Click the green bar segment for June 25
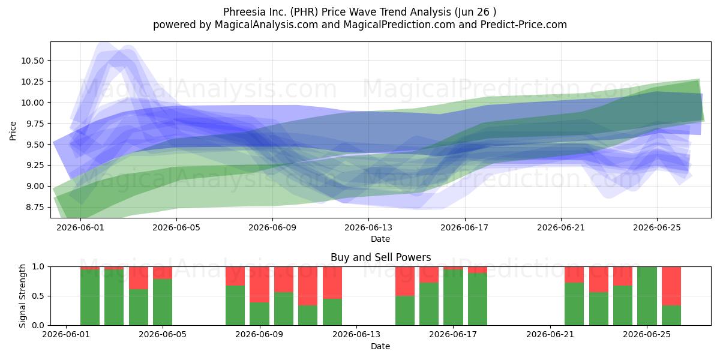coord(647,296)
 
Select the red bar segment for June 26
coord(671,286)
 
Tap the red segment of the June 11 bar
coord(308,286)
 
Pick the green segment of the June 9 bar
coord(259,314)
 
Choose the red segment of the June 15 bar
coord(405,281)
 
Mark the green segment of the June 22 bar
coord(574,304)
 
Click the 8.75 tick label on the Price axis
coord(35,208)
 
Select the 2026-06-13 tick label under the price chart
coord(368,227)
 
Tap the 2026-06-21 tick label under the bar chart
coord(550,335)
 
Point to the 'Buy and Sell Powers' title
coord(380,257)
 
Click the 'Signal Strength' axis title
coord(22,296)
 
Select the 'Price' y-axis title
coord(13,131)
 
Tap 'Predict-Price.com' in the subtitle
coord(524,25)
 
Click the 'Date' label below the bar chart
coord(380,347)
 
